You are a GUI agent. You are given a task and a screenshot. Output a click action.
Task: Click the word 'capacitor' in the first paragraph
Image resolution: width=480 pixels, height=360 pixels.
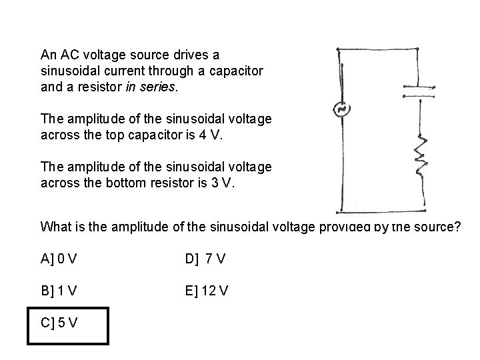[240, 70]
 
